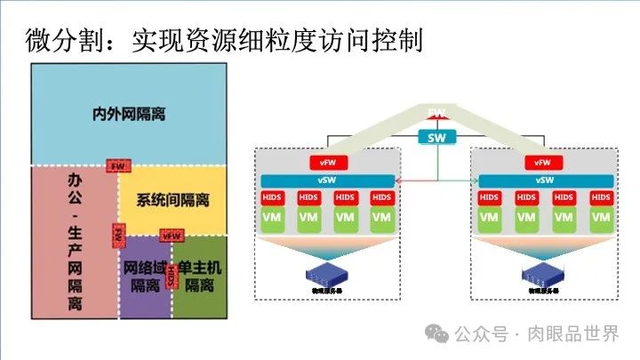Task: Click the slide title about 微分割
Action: coord(223,40)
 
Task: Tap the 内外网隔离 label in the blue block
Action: coord(129,115)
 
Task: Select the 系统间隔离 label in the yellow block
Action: coord(172,200)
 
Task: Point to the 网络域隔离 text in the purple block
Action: coord(145,276)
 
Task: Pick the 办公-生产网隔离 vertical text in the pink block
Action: coord(75,240)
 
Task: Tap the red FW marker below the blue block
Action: coord(117,165)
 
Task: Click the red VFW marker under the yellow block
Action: coord(172,236)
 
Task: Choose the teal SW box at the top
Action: coord(436,137)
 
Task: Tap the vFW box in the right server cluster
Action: coord(544,163)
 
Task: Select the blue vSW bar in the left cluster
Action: coord(327,180)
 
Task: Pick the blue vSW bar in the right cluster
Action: coord(544,180)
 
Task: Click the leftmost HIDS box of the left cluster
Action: coord(272,197)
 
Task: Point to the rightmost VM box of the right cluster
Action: coord(599,217)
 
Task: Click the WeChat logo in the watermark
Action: coord(436,334)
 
